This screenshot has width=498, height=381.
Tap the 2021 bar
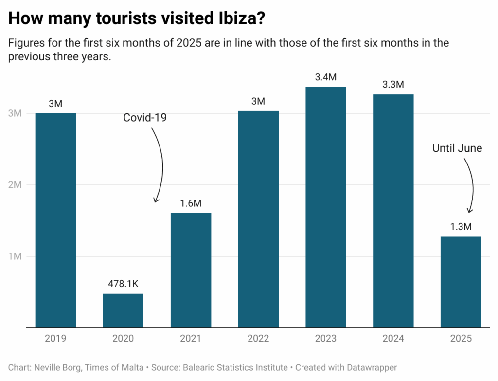coord(191,270)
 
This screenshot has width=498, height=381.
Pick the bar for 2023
coord(326,207)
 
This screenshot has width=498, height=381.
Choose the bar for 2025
coord(461,282)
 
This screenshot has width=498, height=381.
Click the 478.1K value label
coord(123,283)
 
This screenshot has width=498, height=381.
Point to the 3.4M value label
coord(326,76)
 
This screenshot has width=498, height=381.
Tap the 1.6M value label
coord(191,203)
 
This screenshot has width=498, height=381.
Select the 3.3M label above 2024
coord(393,84)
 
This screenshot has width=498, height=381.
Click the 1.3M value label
coord(461,227)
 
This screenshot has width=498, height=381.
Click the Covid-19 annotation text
coord(145,118)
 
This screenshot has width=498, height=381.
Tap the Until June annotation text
coord(457,148)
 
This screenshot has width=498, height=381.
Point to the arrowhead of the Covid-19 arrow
coord(156,200)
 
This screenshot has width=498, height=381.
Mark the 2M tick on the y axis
coord(15,185)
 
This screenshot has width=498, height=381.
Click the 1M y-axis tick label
coord(15,256)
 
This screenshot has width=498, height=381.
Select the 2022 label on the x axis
coord(258,339)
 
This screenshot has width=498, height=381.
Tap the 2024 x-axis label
coord(393,339)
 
